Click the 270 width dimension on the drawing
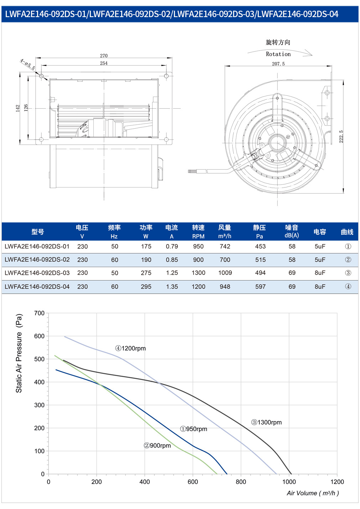pyautogui.click(x=104, y=56)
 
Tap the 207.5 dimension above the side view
pyautogui.click(x=278, y=64)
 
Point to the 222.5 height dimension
pyautogui.click(x=341, y=136)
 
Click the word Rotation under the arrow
pyautogui.click(x=278, y=54)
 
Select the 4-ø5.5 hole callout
pyautogui.click(x=27, y=64)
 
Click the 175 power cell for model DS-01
pyautogui.click(x=146, y=246)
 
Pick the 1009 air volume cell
pyautogui.click(x=225, y=273)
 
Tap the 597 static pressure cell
pyautogui.click(x=260, y=287)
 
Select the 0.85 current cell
pyautogui.click(x=172, y=260)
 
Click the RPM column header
pyautogui.click(x=198, y=236)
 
